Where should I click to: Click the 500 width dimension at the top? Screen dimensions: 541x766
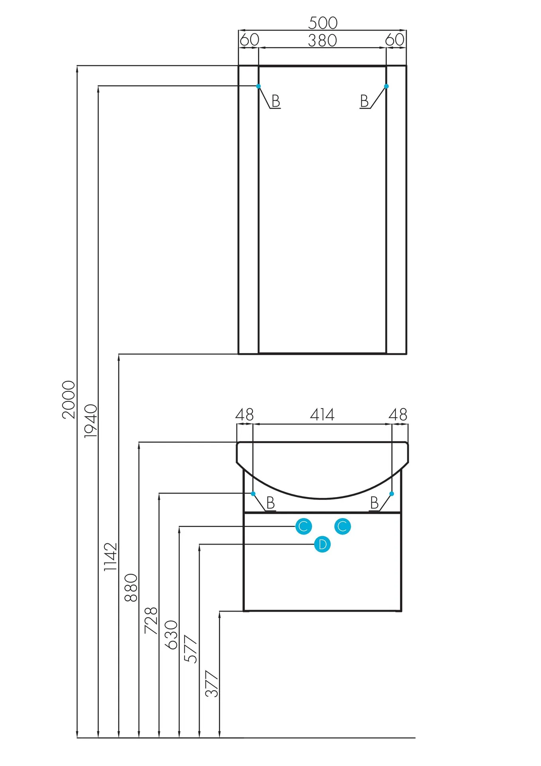tap(323, 23)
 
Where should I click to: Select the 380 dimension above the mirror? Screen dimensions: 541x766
tap(323, 40)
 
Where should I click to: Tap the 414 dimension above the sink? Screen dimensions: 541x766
tap(322, 415)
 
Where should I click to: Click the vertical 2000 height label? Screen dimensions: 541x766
tap(69, 399)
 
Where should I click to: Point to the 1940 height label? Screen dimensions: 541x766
tap(91, 421)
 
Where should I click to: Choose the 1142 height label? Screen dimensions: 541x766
tap(110, 557)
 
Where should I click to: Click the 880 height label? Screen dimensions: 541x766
tap(131, 588)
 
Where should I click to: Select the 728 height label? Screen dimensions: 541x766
tap(151, 621)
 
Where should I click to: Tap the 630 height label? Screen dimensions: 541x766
tap(171, 635)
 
